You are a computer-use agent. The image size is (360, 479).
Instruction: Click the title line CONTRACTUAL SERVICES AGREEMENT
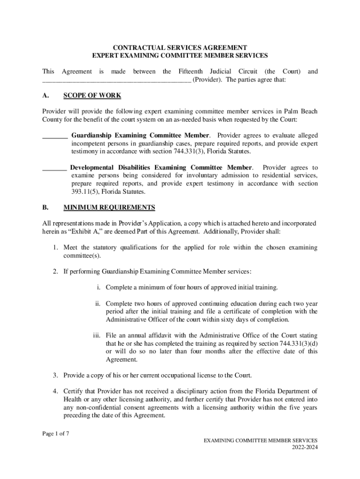180,48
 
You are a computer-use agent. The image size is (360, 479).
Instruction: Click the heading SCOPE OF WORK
92,95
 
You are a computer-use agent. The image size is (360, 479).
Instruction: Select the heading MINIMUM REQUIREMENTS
109,207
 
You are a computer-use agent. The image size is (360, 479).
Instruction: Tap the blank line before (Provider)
116,80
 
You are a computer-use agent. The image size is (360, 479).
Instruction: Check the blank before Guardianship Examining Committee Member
55,136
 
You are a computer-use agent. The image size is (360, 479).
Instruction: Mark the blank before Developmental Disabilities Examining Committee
54,167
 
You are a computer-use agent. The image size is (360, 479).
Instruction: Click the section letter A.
45,95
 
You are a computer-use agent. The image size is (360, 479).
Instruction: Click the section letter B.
45,207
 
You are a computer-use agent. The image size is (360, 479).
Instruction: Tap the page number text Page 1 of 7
56,433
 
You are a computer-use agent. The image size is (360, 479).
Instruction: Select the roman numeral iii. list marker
97,335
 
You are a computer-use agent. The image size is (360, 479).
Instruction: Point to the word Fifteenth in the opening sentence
192,72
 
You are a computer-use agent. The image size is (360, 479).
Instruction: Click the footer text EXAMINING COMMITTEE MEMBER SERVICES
260,440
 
